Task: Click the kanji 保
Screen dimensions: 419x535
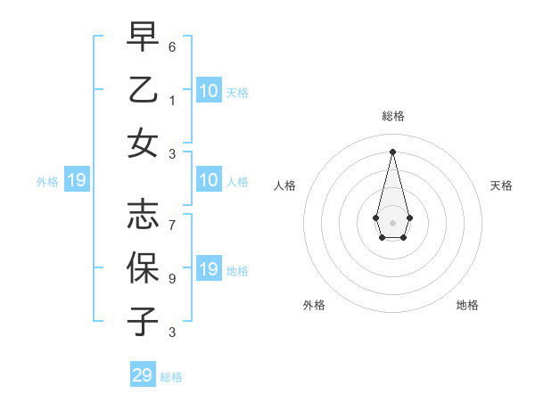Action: point(143,267)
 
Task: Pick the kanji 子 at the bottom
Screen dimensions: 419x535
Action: point(143,320)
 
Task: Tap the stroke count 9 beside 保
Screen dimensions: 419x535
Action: point(173,279)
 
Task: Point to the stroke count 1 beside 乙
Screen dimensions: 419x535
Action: point(173,100)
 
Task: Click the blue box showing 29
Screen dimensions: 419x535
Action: point(143,375)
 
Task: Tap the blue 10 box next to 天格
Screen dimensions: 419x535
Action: point(209,91)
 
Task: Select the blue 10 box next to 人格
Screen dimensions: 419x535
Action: point(209,181)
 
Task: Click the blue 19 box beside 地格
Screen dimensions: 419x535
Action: point(209,270)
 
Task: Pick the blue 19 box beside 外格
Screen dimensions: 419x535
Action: point(77,181)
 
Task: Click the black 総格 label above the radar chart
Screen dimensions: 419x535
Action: point(392,116)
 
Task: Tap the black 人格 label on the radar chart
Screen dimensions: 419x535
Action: point(284,185)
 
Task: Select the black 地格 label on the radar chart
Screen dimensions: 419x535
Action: point(467,305)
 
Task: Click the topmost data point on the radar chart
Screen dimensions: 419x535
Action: point(392,151)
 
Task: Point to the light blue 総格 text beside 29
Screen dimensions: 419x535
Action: point(171,377)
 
